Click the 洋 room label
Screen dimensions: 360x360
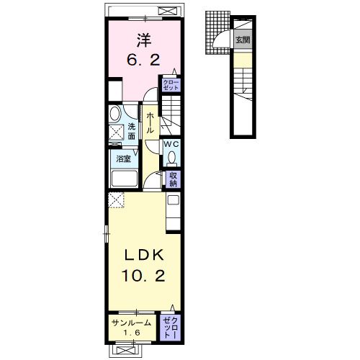coord(144,40)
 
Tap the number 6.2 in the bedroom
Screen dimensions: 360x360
coord(143,60)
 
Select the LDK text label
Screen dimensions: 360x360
coord(143,255)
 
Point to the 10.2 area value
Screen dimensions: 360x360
coord(143,275)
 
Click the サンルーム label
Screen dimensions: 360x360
coord(132,323)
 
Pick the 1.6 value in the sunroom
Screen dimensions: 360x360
coord(132,333)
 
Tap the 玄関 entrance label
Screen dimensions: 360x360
coord(243,40)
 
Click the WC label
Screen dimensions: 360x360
coord(171,144)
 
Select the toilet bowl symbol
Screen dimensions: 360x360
coord(171,158)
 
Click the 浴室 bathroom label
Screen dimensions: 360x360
coord(123,158)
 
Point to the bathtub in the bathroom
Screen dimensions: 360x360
coord(125,179)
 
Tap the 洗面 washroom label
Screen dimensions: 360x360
coord(132,131)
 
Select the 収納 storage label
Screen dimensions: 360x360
coord(173,179)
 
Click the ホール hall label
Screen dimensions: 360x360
coord(150,122)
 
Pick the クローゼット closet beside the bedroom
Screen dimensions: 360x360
coord(171,85)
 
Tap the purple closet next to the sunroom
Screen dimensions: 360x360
coord(171,328)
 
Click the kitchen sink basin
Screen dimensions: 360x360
coord(173,199)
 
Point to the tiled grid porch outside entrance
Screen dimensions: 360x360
coord(217,32)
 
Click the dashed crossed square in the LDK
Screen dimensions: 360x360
coord(116,199)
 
